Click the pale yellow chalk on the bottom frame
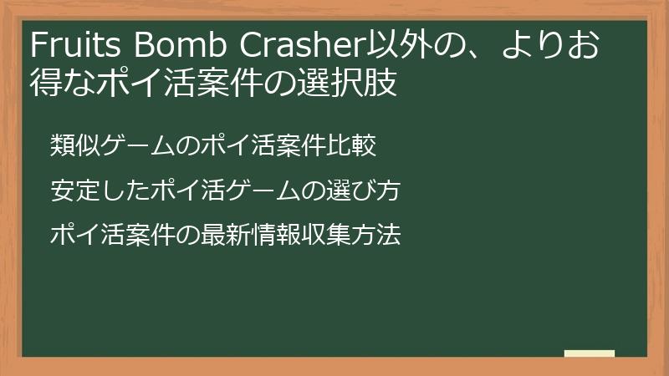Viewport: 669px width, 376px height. pos(589,353)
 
